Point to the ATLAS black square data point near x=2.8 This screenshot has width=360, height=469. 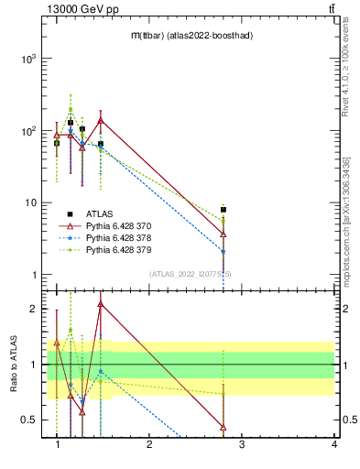pos(224,210)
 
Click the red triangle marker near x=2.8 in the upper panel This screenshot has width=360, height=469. pos(224,234)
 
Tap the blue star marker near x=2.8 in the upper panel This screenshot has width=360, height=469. pos(224,252)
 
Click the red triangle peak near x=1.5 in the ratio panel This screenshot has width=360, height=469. pos(100,304)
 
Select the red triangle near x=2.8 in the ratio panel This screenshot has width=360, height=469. pos(224,427)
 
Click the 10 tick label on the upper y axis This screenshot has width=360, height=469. pos(28,202)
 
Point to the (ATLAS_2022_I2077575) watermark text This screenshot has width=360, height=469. pos(191,273)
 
